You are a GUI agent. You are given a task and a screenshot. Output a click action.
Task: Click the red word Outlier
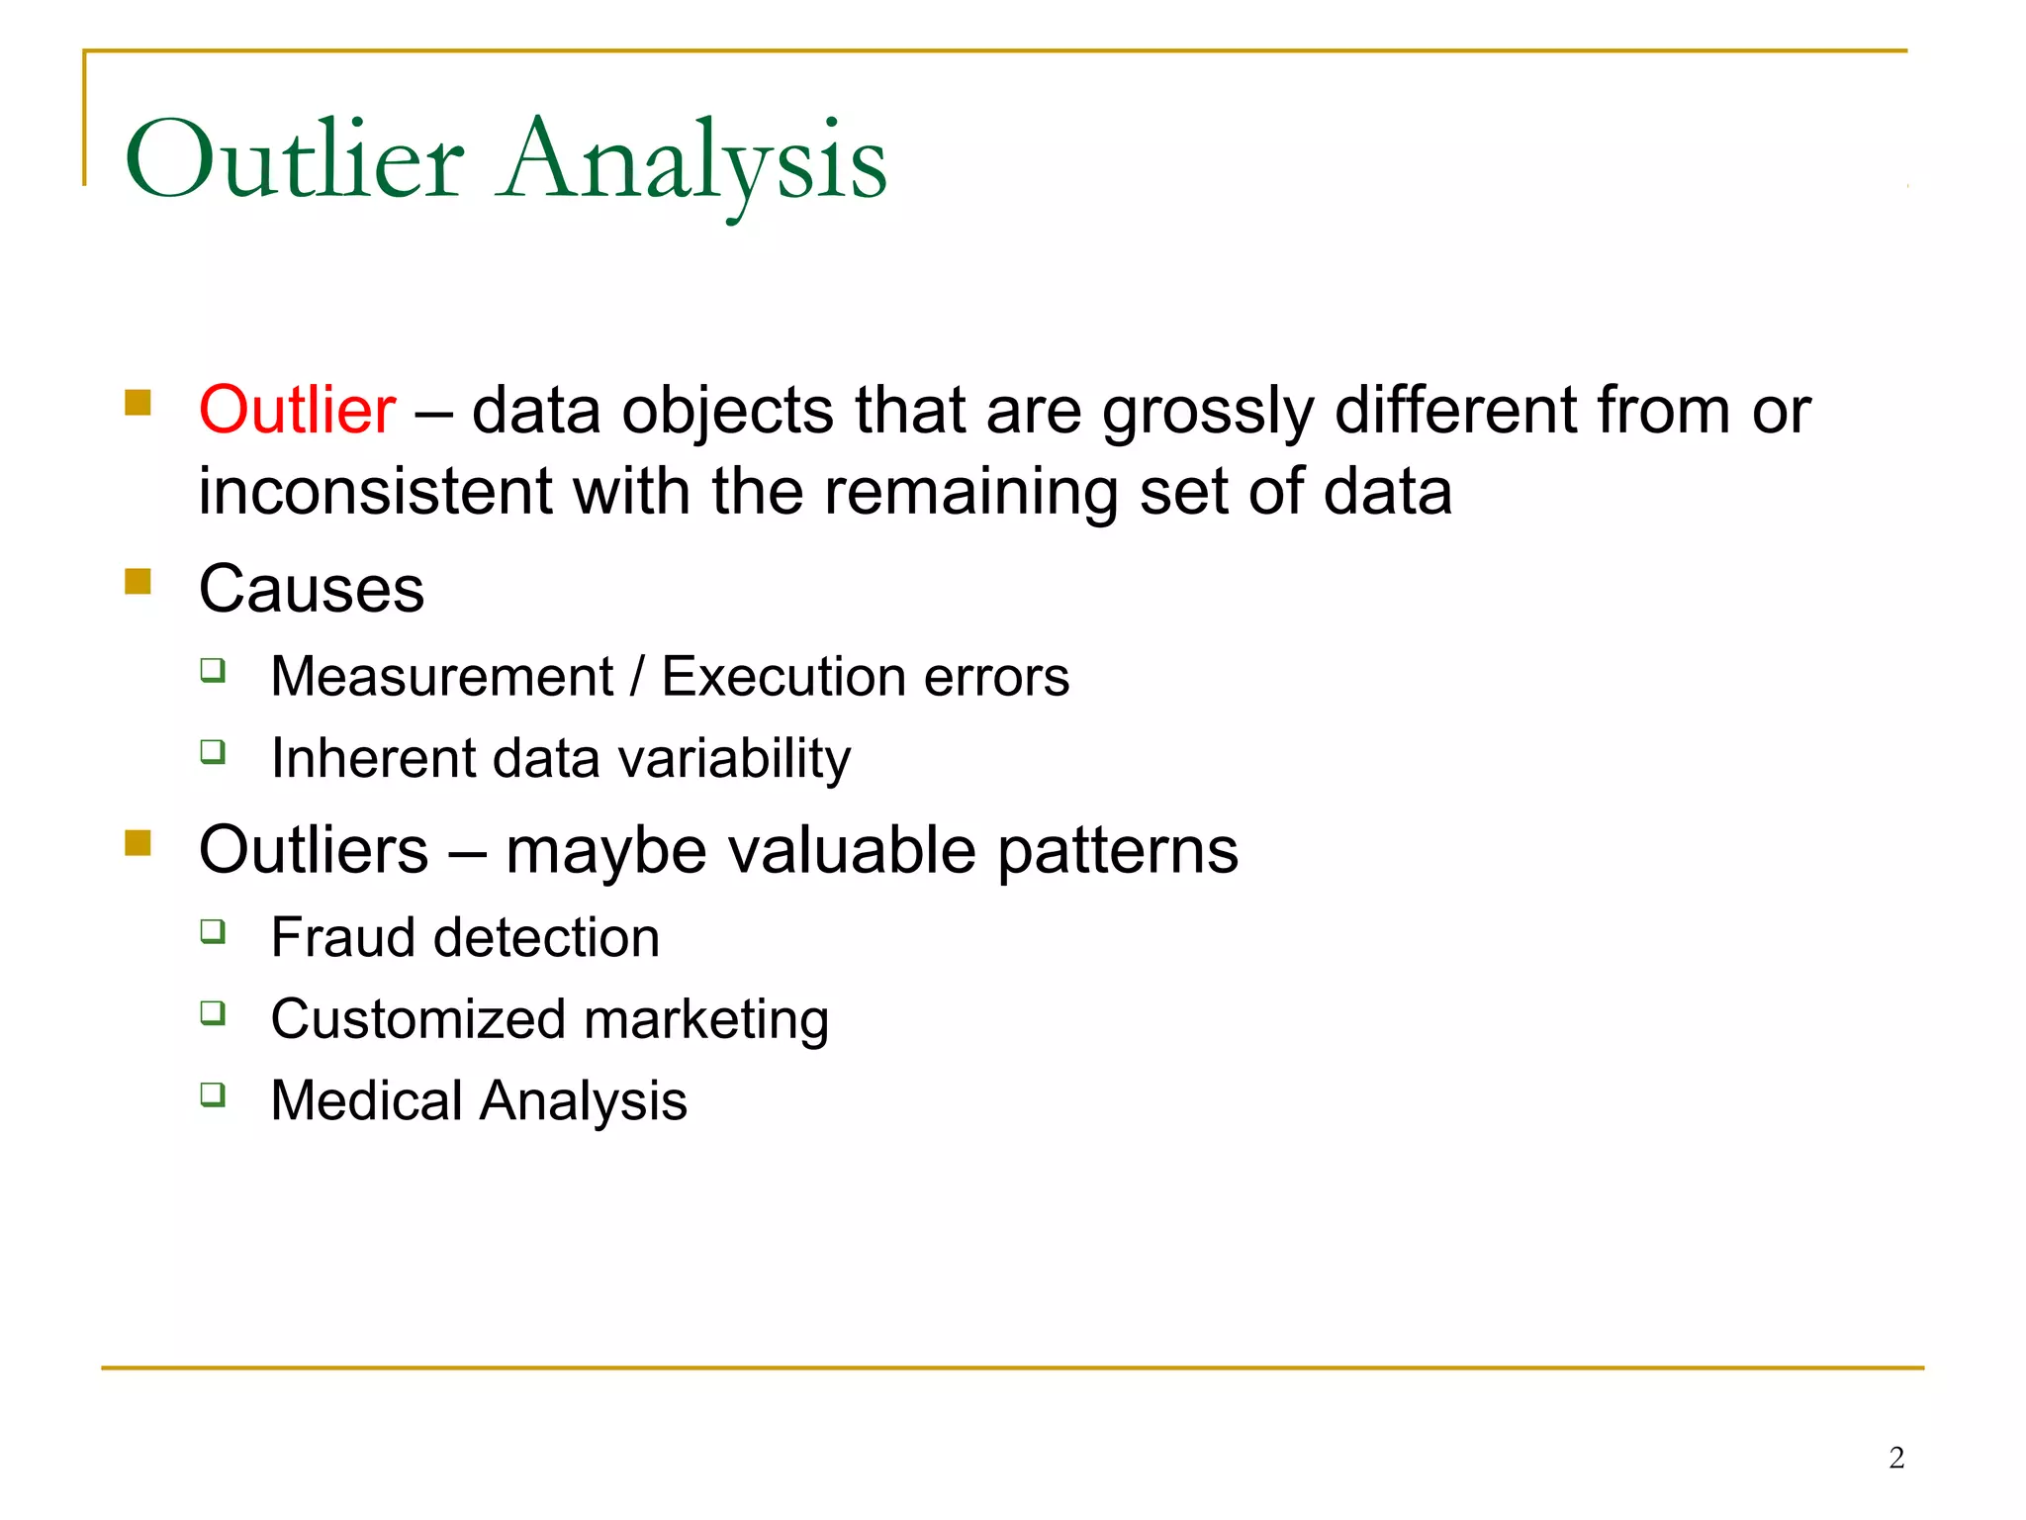[x=297, y=410]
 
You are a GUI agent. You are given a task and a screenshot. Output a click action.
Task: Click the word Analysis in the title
[x=694, y=160]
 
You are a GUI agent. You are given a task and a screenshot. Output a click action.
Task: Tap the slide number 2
[x=1895, y=1458]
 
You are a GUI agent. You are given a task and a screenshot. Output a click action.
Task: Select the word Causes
[x=312, y=589]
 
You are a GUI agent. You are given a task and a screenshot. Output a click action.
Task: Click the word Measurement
[x=442, y=677]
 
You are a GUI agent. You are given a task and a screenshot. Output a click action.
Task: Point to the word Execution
[x=783, y=677]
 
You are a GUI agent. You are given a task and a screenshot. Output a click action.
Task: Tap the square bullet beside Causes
[x=138, y=581]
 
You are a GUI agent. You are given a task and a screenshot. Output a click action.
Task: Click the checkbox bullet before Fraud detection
[x=213, y=931]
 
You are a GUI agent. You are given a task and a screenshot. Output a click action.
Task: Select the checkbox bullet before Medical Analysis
[x=213, y=1094]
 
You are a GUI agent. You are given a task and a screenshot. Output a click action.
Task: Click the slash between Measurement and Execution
[x=637, y=677]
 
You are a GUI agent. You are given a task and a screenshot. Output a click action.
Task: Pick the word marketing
[x=706, y=1019]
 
